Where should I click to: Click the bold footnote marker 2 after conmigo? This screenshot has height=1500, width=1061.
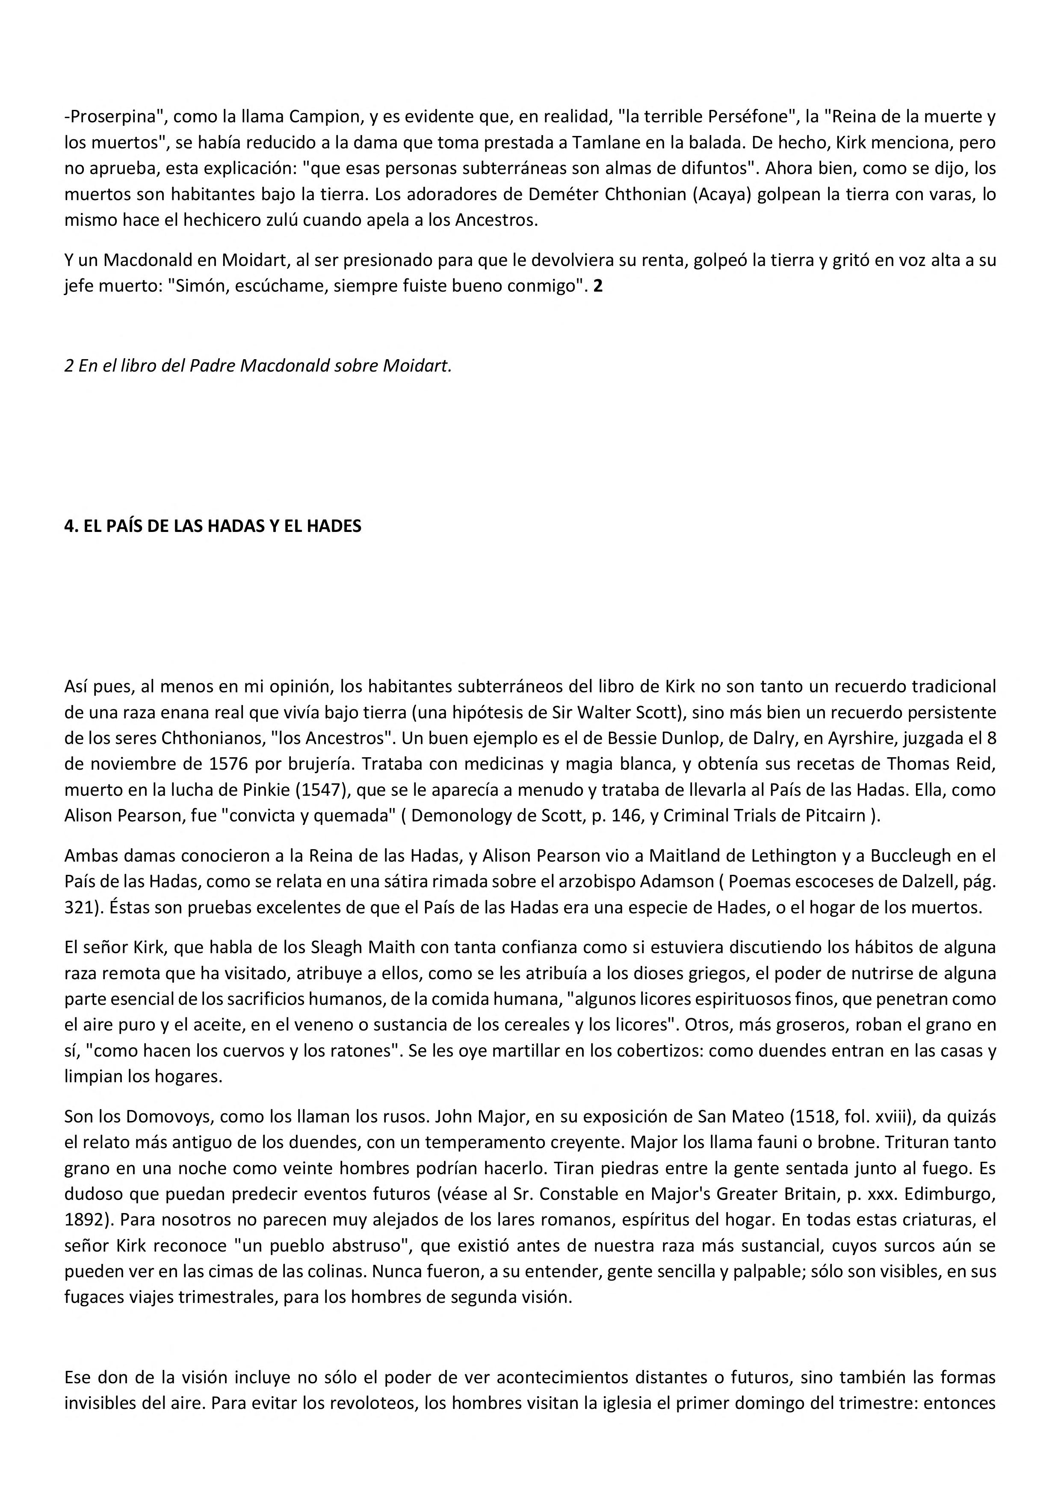598,287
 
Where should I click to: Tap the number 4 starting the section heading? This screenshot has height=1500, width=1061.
68,526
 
